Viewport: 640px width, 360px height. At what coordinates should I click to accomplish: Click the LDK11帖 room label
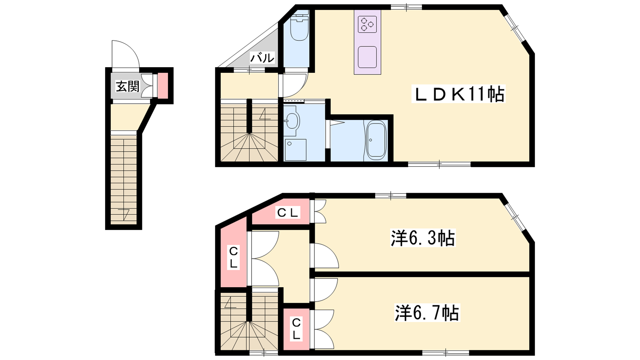click(458, 94)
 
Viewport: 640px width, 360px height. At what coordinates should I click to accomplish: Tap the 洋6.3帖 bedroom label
click(423, 238)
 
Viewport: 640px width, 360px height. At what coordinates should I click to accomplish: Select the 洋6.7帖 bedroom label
click(427, 312)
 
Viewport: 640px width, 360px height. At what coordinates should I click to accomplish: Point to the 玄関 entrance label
click(128, 86)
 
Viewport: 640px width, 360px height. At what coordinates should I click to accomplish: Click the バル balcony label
click(262, 58)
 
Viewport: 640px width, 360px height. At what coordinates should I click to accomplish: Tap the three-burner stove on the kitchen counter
click(367, 24)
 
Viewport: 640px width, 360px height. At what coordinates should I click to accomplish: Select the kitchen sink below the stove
click(367, 57)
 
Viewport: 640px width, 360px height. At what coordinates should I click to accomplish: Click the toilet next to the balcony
click(299, 28)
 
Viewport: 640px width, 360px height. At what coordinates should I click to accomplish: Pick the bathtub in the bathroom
click(376, 140)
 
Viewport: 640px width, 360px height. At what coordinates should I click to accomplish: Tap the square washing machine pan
click(296, 150)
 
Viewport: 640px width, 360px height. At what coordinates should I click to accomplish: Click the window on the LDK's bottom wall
click(440, 164)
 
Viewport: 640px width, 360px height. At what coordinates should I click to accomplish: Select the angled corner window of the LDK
click(514, 28)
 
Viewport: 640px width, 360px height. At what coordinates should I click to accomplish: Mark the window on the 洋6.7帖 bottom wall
click(446, 352)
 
